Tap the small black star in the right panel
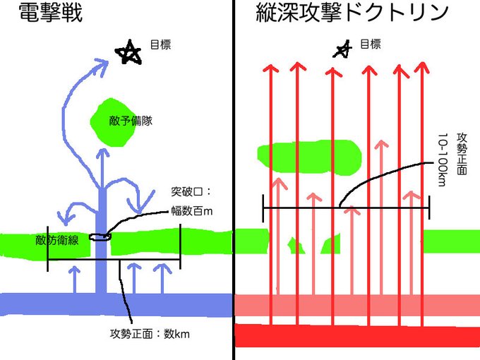point(343,48)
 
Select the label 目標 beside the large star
point(161,44)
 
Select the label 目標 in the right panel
point(371,44)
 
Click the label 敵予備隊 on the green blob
point(132,121)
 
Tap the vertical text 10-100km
point(443,160)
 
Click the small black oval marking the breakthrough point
point(100,238)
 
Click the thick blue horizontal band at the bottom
point(42,304)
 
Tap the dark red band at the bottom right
point(353,335)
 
